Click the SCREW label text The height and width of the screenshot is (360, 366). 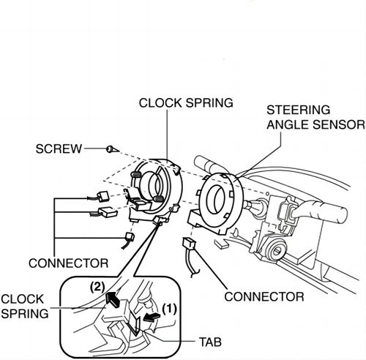click(59, 149)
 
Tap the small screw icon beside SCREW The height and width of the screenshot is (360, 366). click(109, 149)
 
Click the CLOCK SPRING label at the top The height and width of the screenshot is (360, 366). click(186, 103)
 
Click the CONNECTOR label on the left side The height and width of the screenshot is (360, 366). click(68, 262)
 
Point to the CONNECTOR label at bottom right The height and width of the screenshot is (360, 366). click(264, 296)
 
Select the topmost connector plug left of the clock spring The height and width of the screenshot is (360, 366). click(102, 195)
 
